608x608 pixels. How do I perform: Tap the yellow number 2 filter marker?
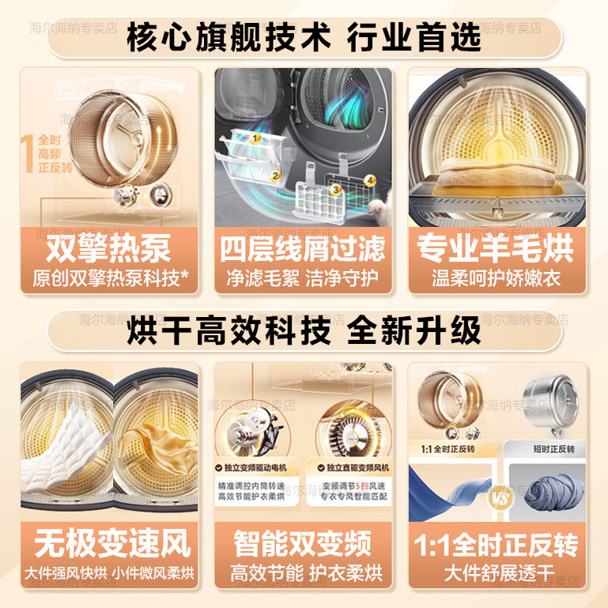(x=276, y=176)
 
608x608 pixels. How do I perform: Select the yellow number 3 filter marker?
(x=335, y=190)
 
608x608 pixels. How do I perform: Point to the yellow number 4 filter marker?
(x=369, y=180)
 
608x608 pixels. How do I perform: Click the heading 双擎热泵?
(x=108, y=249)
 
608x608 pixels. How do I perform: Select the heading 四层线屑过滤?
(x=303, y=249)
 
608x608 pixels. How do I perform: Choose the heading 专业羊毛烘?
(x=497, y=249)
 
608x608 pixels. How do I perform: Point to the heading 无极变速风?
(x=108, y=545)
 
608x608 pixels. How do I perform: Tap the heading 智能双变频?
(x=303, y=545)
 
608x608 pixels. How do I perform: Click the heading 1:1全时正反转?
(x=497, y=545)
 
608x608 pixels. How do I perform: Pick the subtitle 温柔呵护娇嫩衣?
(x=497, y=278)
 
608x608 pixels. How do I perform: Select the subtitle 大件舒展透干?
(x=497, y=573)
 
